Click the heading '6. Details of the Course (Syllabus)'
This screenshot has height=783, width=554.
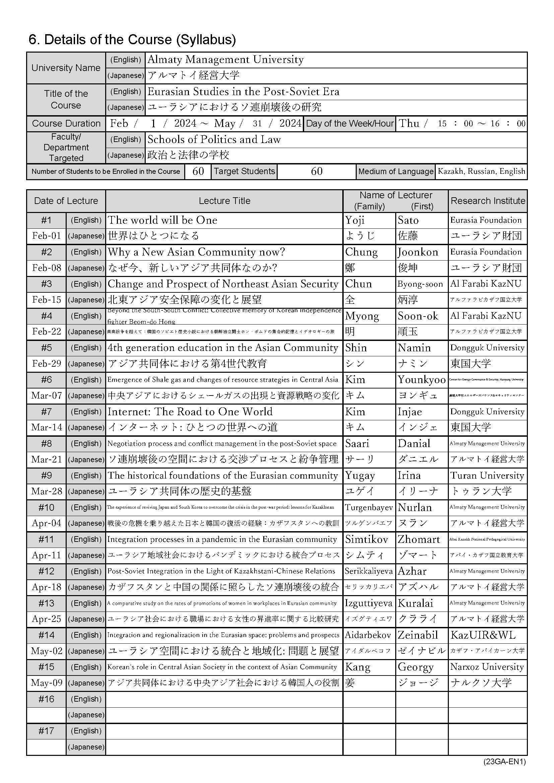point(132,40)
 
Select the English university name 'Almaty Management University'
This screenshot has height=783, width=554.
point(225,60)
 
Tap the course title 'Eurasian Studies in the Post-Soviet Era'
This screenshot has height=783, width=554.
point(243,91)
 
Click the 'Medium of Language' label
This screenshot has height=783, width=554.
point(396,171)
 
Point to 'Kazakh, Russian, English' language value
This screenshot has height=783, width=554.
point(481,171)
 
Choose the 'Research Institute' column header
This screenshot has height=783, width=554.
point(487,201)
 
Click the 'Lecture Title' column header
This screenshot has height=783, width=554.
point(224,201)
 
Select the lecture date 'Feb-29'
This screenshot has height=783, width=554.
point(47,364)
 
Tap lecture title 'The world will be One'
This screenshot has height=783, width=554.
point(162,220)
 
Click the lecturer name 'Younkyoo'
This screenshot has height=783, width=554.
point(421,379)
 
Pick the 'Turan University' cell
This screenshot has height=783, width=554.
point(487,476)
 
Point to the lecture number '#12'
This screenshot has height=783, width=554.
point(47,571)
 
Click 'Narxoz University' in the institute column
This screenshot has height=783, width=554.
point(487,667)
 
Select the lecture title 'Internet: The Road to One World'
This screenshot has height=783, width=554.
point(190,412)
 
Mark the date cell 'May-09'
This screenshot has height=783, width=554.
point(47,683)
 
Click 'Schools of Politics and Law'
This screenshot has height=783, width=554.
point(214,139)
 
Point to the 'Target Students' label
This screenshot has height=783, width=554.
point(244,171)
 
